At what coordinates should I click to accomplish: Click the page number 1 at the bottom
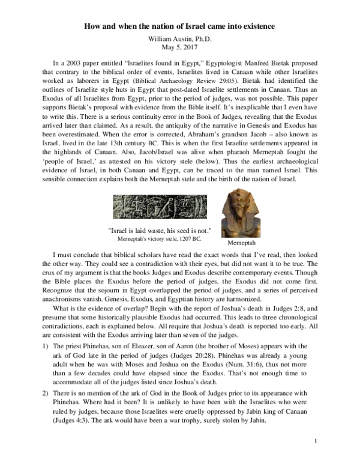[315, 458]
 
